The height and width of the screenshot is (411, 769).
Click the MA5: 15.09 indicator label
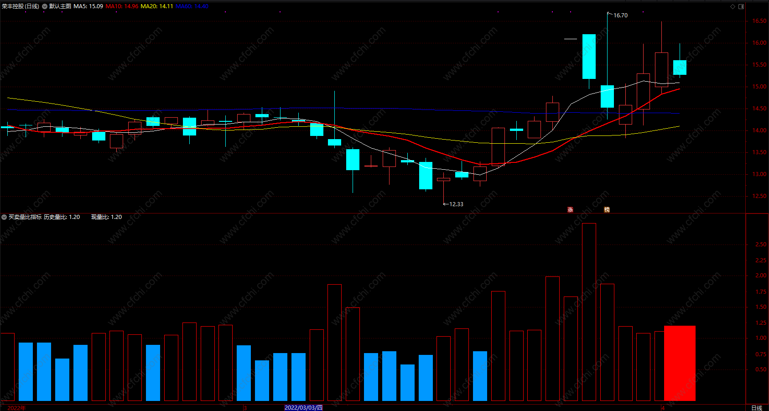coord(88,6)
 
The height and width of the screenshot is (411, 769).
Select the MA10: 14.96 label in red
coord(122,6)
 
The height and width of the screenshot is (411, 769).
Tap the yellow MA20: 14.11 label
coord(156,6)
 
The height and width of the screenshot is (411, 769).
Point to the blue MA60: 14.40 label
coord(192,6)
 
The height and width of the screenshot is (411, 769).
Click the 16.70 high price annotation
coord(620,16)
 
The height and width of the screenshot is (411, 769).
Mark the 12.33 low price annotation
coord(456,204)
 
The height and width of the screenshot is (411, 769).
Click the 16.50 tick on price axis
coord(759,21)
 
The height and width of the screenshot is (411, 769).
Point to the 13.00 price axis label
coord(759,174)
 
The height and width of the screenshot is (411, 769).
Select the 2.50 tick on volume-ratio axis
coord(761,245)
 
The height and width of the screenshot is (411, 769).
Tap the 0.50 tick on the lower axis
coord(761,369)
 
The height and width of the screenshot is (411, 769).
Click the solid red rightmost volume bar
coord(680,363)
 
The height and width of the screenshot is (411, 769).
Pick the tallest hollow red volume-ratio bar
coord(589,312)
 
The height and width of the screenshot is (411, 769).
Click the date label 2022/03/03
coord(303,408)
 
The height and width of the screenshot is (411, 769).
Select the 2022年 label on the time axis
coord(17,408)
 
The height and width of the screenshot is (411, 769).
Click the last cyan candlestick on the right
coord(680,68)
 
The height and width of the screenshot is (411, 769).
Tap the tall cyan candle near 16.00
coord(589,57)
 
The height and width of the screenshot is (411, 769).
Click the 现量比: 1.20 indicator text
coord(106,217)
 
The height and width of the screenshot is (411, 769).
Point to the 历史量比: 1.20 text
coord(62,217)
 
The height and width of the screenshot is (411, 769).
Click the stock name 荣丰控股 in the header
coord(13,6)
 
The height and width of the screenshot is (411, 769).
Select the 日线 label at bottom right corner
coord(757,408)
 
